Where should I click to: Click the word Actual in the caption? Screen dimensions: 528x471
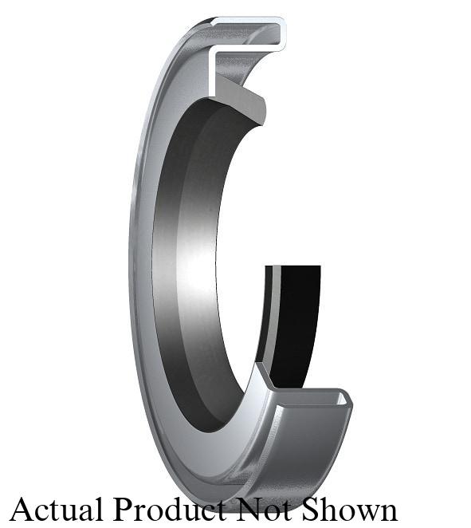(57, 508)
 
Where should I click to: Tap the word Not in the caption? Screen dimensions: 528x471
(254, 508)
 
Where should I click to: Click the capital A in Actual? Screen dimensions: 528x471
(22, 508)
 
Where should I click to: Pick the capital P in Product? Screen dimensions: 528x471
(121, 508)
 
